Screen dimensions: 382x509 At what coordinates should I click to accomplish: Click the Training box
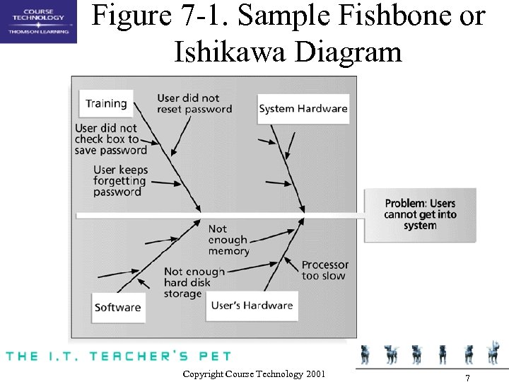point(106,103)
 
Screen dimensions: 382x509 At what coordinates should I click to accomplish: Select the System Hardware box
point(303,109)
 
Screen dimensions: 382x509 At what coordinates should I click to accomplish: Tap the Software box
point(118,308)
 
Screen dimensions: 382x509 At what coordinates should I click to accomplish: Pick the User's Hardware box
point(252,306)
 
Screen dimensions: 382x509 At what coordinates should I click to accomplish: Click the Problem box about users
point(420,214)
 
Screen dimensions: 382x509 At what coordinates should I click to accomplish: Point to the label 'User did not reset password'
point(194,103)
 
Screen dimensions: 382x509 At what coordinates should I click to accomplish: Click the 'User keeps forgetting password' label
point(120,180)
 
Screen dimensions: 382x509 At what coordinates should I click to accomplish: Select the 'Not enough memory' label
point(228,240)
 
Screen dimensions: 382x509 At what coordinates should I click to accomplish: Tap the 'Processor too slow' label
point(324,270)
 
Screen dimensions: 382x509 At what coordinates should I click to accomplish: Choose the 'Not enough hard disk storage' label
point(194,282)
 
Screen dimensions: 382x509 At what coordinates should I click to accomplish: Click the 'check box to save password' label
point(110,139)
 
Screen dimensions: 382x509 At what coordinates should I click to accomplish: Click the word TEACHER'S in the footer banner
point(148,355)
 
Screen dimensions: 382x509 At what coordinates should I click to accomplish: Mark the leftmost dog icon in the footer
point(365,354)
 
